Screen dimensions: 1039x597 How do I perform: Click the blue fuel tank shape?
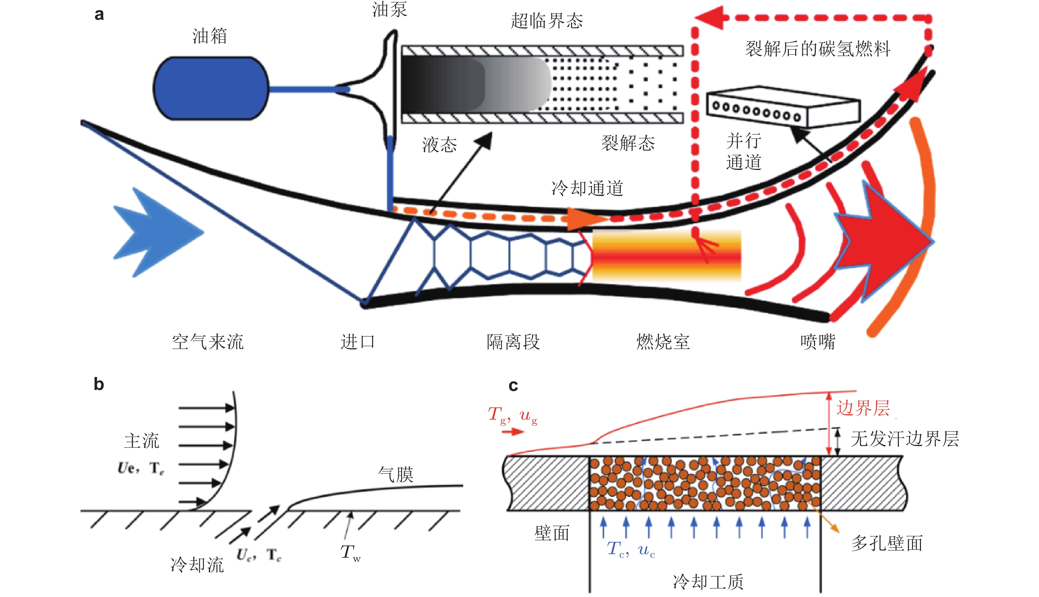point(211,88)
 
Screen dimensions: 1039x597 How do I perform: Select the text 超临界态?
point(547,20)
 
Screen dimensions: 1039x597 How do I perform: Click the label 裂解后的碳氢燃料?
point(817,49)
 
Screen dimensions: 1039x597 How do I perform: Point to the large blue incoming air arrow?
point(158,232)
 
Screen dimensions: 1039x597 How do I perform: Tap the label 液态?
point(439,145)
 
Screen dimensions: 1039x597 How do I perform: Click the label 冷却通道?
point(587,188)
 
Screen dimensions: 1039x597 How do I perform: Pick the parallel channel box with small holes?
point(783,106)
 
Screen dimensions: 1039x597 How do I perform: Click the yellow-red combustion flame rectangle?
point(667,255)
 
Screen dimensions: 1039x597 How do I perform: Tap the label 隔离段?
point(513,342)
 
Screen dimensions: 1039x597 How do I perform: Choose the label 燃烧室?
point(663,342)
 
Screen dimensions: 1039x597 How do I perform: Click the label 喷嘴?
point(817,342)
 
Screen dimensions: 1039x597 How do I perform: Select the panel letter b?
point(99,384)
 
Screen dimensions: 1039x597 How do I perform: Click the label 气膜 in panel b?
point(395,474)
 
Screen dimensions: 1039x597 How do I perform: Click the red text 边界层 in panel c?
point(863,408)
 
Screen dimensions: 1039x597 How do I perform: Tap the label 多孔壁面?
point(887,543)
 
